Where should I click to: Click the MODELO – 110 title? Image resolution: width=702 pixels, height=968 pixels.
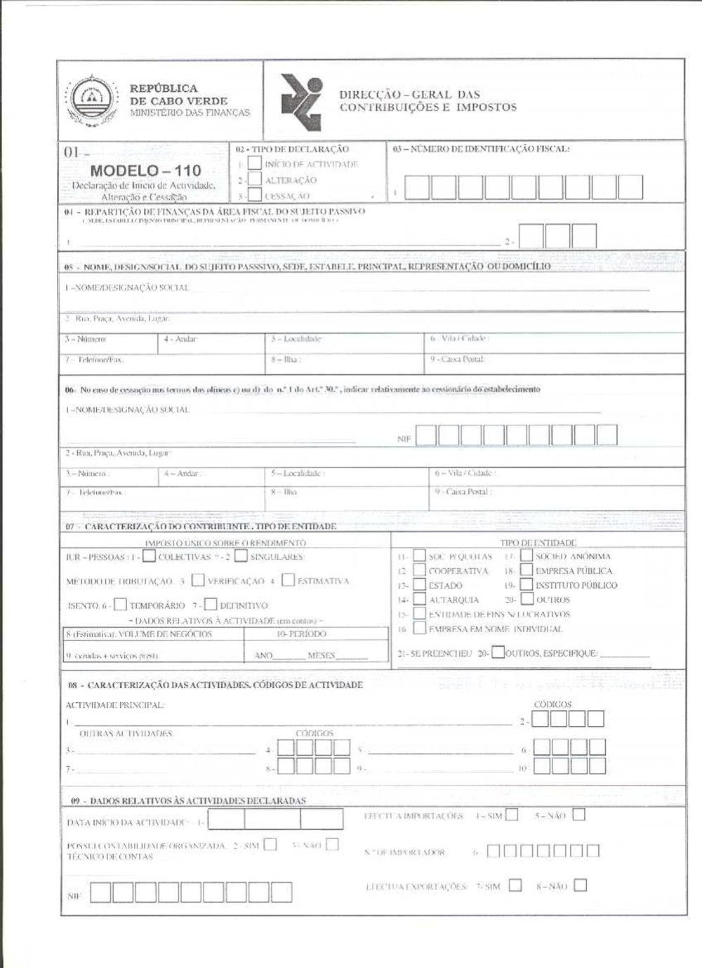pos(145,170)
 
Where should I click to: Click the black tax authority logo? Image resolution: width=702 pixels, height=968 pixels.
pos(301,102)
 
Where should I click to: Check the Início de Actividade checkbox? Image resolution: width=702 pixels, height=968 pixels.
pos(255,163)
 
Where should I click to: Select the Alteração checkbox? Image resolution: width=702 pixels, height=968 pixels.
pos(255,180)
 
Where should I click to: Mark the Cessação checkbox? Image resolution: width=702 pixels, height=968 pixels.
pos(255,195)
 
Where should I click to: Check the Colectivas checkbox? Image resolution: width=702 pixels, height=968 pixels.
pos(149,556)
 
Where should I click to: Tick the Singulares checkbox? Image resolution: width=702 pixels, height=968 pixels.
pos(241,556)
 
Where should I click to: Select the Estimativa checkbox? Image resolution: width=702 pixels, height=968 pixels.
pos(288,580)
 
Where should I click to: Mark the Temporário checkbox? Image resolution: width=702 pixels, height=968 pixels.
pos(121,604)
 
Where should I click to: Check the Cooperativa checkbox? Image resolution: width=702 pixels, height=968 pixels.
pos(419,570)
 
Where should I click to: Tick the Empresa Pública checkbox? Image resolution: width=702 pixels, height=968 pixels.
pos(526,570)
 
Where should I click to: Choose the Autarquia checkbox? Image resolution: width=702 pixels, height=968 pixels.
pos(419,599)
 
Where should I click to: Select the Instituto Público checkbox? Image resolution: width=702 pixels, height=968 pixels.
pos(526,584)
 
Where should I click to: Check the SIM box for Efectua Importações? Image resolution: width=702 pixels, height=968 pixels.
pos(512,815)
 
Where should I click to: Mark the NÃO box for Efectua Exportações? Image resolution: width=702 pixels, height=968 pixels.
pos(580,885)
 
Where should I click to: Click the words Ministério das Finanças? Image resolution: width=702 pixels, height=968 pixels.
pos(190,112)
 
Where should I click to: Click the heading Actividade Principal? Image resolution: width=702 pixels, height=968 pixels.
pos(115,705)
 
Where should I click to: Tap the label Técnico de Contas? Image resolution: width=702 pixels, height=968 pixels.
pos(110,856)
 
